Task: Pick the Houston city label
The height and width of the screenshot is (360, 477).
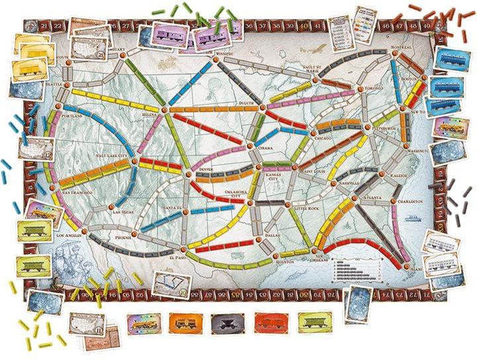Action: click(284, 262)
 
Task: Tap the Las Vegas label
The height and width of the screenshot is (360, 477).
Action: click(124, 212)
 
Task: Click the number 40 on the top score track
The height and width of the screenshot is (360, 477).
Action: click(304, 26)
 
